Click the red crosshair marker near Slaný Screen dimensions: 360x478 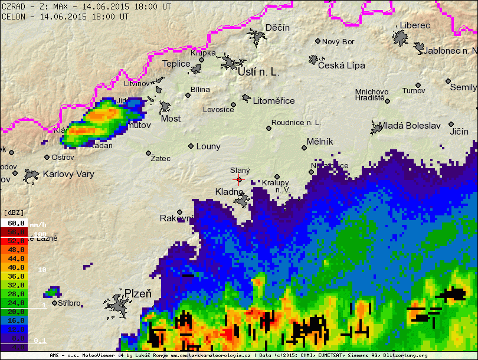coord(239,179)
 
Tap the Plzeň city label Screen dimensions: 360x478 coord(137,294)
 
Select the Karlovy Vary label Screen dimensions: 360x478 coord(68,174)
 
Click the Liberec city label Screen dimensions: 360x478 coord(415,25)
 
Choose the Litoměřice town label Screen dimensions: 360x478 coord(274,101)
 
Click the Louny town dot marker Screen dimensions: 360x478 coord(191,146)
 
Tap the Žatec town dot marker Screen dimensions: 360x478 coord(148,153)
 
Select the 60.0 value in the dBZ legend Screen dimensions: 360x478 coord(16,223)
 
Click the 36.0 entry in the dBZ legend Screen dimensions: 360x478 coord(16,276)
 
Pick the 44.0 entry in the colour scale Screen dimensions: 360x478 coord(16,258)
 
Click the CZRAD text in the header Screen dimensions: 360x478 coord(13,6)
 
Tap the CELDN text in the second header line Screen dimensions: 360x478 coord(13,17)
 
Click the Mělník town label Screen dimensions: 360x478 coord(320,142)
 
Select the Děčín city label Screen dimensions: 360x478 coord(277,28)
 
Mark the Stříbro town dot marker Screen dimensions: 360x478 coord(54,303)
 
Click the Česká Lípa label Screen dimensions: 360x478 coord(341,66)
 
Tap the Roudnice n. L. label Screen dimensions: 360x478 coord(296,123)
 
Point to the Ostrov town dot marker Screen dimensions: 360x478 coord(47,157)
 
